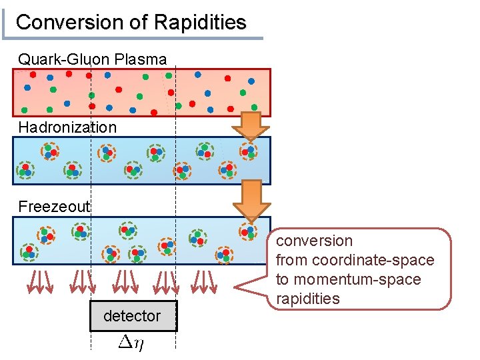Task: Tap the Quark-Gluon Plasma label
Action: click(x=92, y=59)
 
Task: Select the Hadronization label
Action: click(x=67, y=127)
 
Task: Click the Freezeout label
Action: click(x=54, y=207)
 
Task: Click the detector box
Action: click(x=133, y=316)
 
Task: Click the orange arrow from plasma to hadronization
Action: click(x=251, y=125)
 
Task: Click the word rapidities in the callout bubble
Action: click(x=307, y=299)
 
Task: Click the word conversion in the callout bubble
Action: click(x=314, y=241)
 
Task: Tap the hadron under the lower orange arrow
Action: click(x=248, y=231)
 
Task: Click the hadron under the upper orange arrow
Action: click(x=249, y=152)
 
